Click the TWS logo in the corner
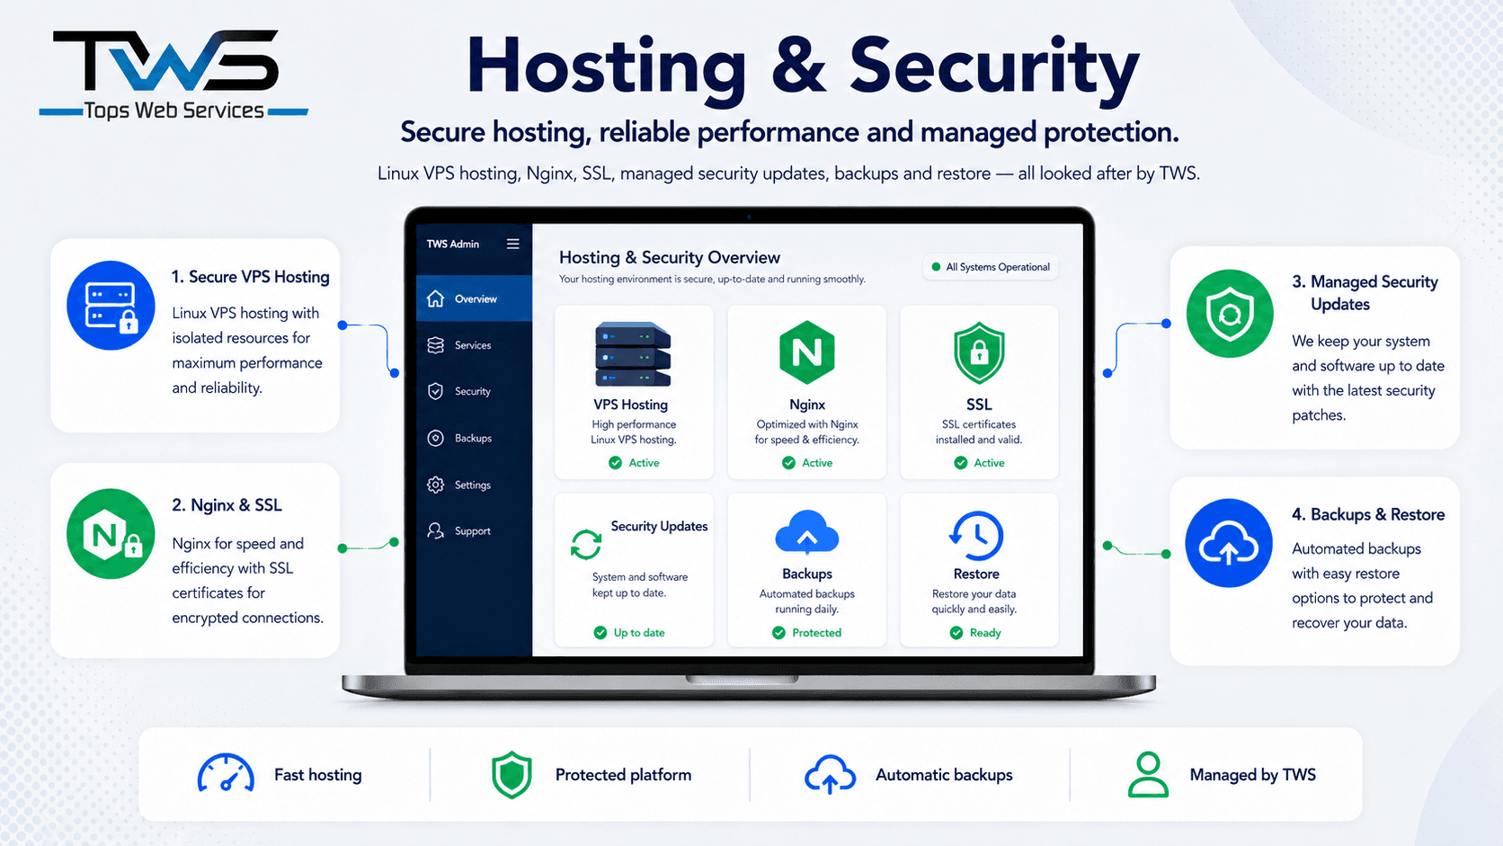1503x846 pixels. (x=173, y=75)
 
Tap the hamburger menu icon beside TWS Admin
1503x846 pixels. (x=512, y=244)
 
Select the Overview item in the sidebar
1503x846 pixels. (x=474, y=298)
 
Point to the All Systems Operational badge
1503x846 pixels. (x=991, y=267)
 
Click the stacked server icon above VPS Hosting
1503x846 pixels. (x=632, y=354)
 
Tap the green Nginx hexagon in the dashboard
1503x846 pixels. (x=806, y=352)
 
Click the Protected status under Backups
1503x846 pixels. (x=806, y=633)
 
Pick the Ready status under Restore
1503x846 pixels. (x=975, y=633)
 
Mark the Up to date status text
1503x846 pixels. (x=639, y=633)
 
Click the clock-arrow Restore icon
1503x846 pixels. (x=976, y=535)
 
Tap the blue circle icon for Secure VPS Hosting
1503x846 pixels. (x=111, y=306)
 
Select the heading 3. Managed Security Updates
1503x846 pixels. (x=1365, y=292)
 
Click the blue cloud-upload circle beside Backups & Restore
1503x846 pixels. (x=1229, y=543)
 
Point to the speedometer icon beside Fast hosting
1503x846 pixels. (x=226, y=773)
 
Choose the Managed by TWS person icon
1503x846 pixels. (x=1148, y=774)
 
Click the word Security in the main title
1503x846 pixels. (x=994, y=67)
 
